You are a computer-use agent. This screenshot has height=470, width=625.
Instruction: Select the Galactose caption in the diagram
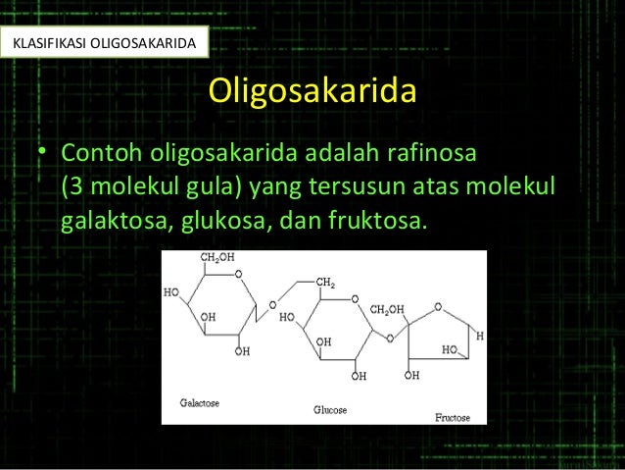(200, 402)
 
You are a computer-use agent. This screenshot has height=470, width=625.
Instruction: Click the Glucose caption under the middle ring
(330, 409)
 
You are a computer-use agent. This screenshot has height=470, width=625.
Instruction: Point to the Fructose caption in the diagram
(453, 417)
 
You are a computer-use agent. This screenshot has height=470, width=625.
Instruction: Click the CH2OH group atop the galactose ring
(218, 258)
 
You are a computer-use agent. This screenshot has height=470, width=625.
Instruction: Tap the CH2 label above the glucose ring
(326, 282)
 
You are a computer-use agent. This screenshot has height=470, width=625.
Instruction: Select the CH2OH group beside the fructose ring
(387, 310)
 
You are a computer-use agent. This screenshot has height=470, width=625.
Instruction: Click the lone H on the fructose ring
(480, 336)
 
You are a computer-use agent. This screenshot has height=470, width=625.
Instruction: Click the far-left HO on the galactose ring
(171, 292)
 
